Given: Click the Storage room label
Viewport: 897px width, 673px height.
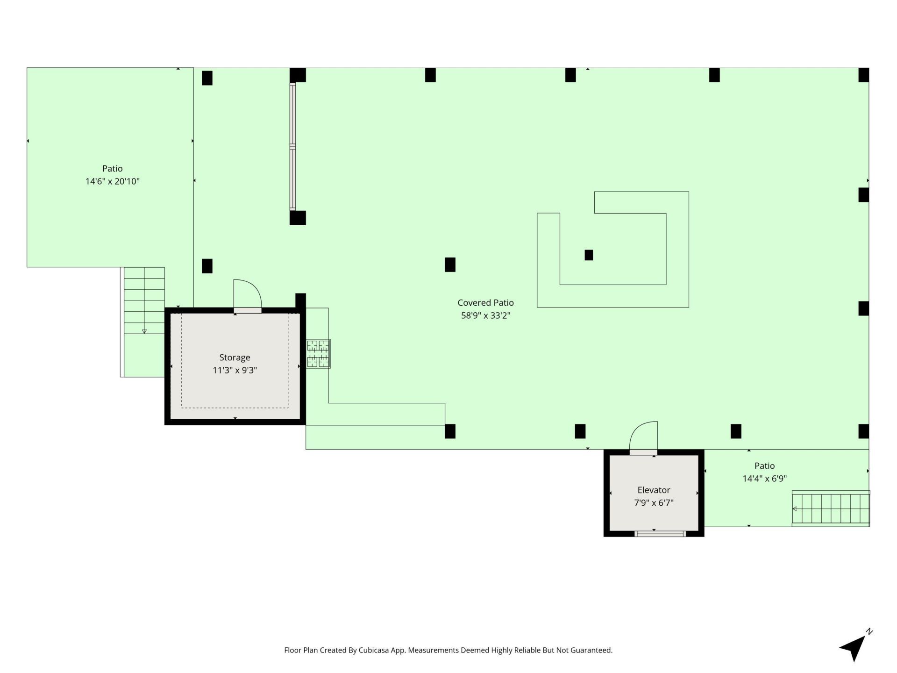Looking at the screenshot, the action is pyautogui.click(x=235, y=358).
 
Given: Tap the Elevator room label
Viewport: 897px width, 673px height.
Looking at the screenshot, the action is pyautogui.click(x=654, y=490).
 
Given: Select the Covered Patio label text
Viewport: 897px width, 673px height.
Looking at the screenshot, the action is pyautogui.click(x=485, y=302).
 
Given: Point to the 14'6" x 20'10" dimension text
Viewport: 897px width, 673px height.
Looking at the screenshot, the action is pyautogui.click(x=113, y=181).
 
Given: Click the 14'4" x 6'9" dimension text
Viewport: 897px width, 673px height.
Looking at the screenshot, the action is pyautogui.click(x=765, y=479).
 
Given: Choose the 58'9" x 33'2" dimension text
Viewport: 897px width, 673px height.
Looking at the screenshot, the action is pyautogui.click(x=485, y=315).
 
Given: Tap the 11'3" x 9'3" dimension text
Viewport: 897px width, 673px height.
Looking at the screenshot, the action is pyautogui.click(x=235, y=371).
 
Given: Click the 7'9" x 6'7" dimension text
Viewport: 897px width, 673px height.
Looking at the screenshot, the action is pyautogui.click(x=654, y=503).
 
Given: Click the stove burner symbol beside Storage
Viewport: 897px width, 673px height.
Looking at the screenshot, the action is pyautogui.click(x=318, y=354).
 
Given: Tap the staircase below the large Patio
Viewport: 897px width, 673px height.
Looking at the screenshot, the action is pyautogui.click(x=143, y=322).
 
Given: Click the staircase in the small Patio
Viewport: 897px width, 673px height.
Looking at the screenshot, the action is pyautogui.click(x=831, y=508).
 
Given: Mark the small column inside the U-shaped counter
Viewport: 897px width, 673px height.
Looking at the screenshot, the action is pyautogui.click(x=589, y=255).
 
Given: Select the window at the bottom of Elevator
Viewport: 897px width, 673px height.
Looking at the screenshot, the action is pyautogui.click(x=660, y=533).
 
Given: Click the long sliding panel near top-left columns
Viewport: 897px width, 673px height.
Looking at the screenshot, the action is pyautogui.click(x=293, y=146).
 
